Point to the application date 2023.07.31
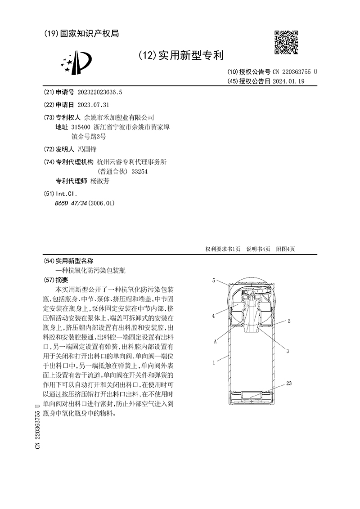point(94,105)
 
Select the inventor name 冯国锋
point(87,149)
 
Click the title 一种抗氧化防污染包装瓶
point(90,271)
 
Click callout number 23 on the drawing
point(289,383)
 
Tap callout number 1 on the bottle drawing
point(214,360)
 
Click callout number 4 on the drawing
point(214,316)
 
